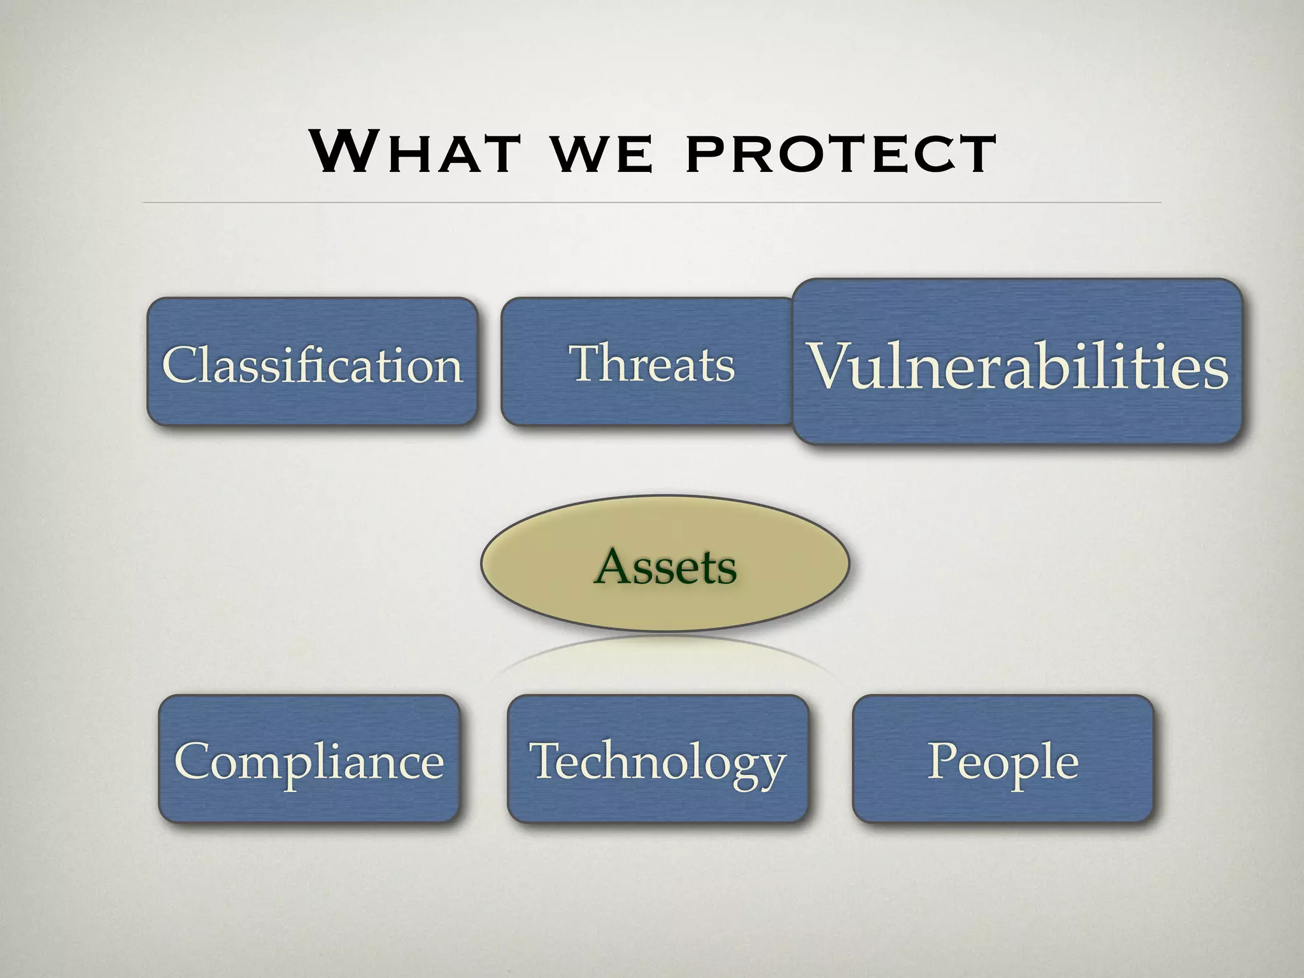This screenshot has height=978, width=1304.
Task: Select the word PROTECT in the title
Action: click(841, 153)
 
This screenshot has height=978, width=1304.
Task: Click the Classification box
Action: click(312, 362)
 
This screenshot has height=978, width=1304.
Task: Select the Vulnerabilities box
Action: click(1017, 362)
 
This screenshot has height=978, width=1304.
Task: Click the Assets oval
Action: click(665, 564)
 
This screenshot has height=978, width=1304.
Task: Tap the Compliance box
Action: click(309, 759)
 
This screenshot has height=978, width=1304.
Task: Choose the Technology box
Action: click(658, 759)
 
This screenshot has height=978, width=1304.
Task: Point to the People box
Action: click(1003, 759)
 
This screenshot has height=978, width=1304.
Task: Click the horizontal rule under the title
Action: click(652, 202)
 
